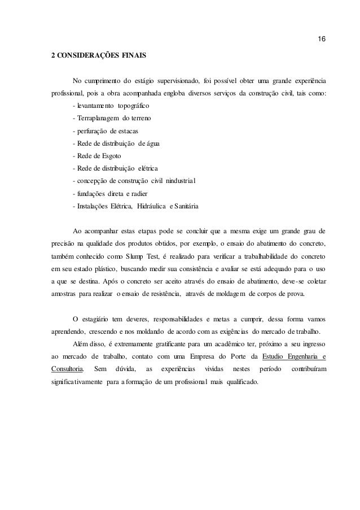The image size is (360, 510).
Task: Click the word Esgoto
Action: pyautogui.click(x=117, y=156)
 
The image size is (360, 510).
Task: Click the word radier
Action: pyautogui.click(x=142, y=193)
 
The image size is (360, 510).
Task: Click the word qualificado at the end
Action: pyautogui.click(x=240, y=382)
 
